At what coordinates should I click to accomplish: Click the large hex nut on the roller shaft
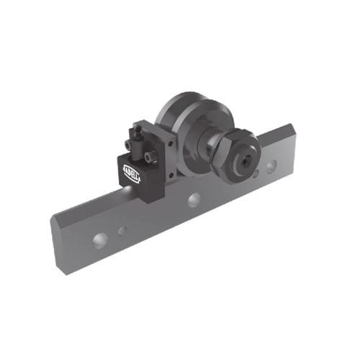pos(238,152)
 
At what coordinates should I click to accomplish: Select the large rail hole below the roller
pos(193,199)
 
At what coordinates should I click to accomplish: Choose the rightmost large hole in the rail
pos(270,166)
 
